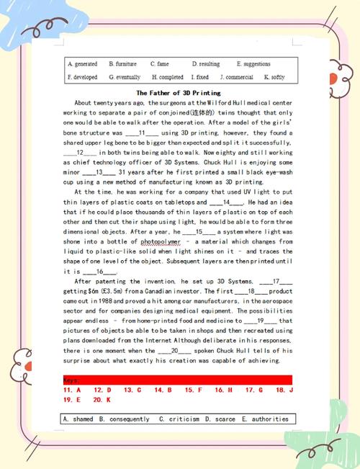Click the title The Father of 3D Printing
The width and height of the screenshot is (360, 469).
pos(179,93)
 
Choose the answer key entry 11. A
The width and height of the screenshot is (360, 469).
pos(71,390)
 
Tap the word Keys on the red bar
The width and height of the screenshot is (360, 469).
pos(72,380)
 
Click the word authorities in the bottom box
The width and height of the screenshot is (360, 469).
pos(268,419)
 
